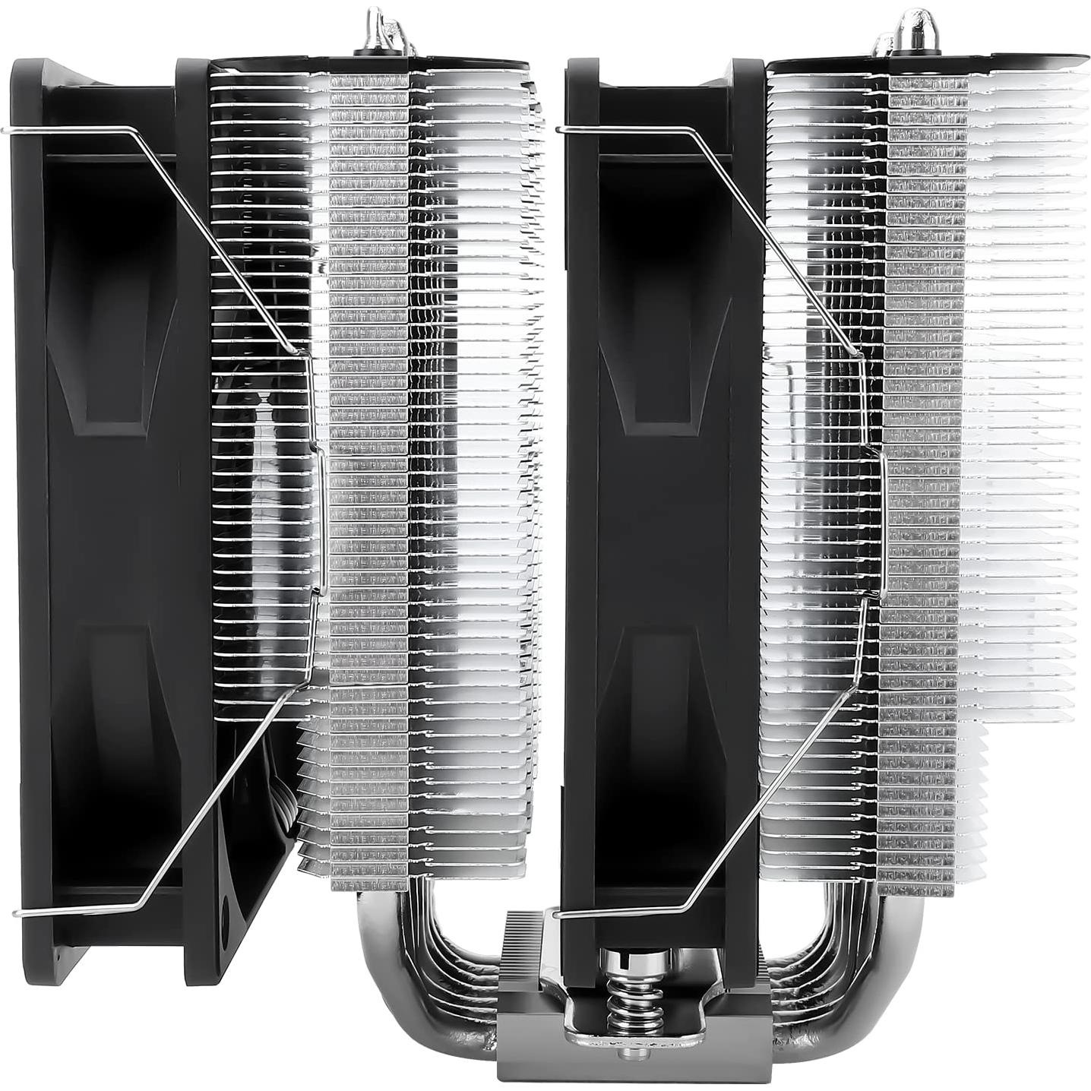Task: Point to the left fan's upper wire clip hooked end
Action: [x=8, y=131]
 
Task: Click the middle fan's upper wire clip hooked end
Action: [x=561, y=129]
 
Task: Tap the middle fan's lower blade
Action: [x=653, y=722]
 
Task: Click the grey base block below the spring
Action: [x=600, y=1064]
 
